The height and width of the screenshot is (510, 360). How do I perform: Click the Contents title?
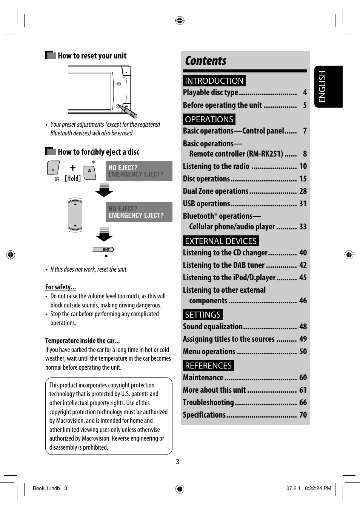[x=206, y=61]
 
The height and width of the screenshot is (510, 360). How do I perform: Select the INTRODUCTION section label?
[x=214, y=81]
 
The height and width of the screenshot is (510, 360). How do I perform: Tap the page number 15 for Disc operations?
[x=303, y=179]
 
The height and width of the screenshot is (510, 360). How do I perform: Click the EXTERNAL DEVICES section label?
[x=221, y=241]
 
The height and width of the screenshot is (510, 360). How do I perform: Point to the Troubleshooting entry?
[x=208, y=402]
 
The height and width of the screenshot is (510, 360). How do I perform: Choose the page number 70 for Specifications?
[x=303, y=415]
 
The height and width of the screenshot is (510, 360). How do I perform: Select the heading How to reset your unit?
[x=92, y=56]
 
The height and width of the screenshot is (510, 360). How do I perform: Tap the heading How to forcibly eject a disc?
[x=98, y=152]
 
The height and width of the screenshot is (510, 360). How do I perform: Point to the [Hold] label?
[x=73, y=178]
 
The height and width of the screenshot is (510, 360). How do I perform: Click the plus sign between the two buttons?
[x=73, y=168]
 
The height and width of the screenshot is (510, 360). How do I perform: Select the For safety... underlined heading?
[x=60, y=287]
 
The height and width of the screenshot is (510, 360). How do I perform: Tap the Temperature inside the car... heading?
[x=82, y=341]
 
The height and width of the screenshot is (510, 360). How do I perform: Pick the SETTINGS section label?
[x=203, y=315]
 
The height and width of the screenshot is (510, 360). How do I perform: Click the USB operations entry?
[x=206, y=204]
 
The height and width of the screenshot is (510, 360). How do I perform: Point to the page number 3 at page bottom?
[x=177, y=462]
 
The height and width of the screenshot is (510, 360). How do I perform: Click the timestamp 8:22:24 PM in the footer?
[x=318, y=488]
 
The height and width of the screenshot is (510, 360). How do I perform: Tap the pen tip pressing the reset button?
[x=119, y=106]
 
